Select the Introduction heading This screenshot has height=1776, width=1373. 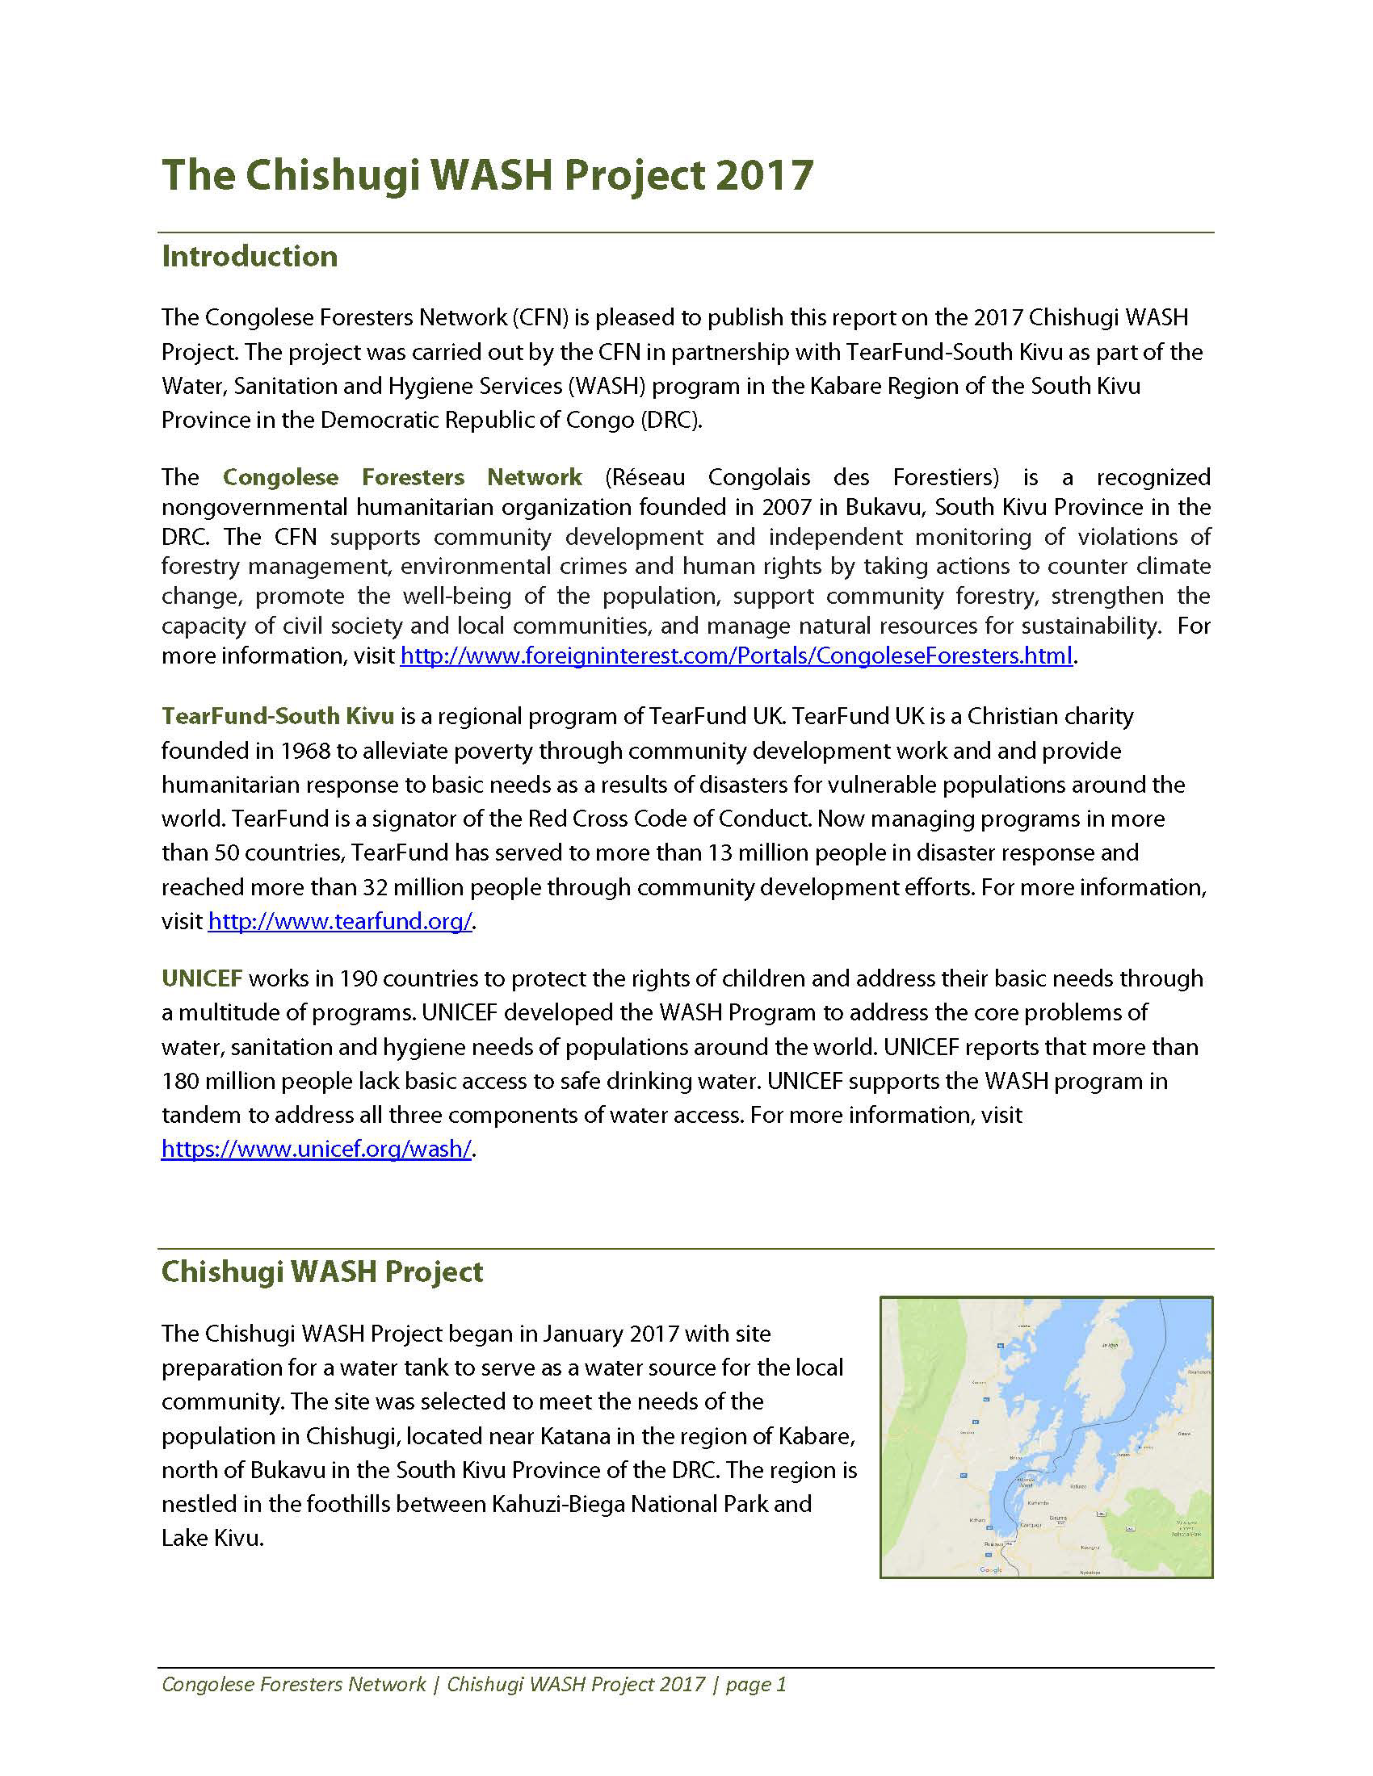click(x=249, y=256)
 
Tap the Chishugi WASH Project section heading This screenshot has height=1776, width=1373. click(x=322, y=1271)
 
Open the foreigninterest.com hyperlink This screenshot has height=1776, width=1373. click(x=736, y=656)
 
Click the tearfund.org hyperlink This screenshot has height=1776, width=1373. click(x=340, y=921)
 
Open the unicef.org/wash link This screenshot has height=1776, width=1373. click(x=317, y=1149)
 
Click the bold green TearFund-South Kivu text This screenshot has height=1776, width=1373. click(x=277, y=716)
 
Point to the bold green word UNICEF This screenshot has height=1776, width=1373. click(x=202, y=978)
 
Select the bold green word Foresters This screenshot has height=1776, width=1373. click(x=414, y=477)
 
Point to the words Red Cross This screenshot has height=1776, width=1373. click(x=577, y=819)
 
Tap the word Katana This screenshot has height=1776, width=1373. click(x=571, y=1436)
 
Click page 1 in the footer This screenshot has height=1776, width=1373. click(x=757, y=1683)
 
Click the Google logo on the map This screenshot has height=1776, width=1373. click(x=991, y=1570)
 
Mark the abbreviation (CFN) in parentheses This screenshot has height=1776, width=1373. click(x=540, y=317)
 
